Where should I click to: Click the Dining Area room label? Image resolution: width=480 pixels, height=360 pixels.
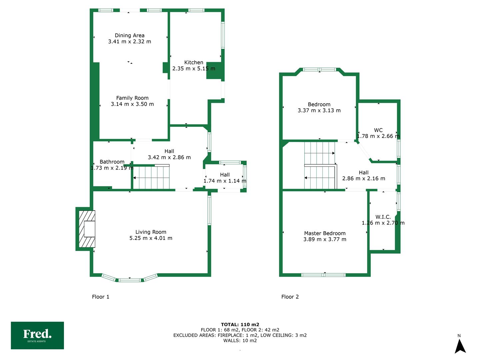tap(129, 35)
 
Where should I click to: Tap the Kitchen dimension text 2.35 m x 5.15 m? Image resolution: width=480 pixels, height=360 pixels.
tap(194, 69)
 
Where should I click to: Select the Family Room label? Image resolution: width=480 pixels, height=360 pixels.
tap(132, 98)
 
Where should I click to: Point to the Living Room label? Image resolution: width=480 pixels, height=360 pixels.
tap(151, 232)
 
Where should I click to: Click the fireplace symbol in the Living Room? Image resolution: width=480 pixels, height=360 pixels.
tap(87, 229)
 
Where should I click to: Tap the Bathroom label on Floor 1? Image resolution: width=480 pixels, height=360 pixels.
tap(112, 162)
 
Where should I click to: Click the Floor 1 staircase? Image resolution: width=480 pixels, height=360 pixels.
tap(151, 177)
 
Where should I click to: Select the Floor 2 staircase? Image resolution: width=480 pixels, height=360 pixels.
tap(320, 165)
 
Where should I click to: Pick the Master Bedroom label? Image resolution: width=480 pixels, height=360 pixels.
tap(325, 233)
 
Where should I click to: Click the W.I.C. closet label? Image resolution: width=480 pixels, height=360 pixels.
tap(383, 217)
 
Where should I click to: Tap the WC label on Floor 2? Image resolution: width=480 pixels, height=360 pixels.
tap(378, 130)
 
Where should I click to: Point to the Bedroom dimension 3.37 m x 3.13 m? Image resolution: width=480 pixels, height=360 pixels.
tap(319, 110)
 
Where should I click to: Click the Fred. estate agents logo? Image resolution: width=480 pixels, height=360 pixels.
tap(37, 335)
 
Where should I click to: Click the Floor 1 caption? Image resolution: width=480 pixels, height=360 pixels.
tap(100, 297)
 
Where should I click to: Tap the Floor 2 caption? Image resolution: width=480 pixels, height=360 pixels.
tap(290, 297)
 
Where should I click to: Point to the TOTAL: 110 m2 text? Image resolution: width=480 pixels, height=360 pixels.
tap(240, 324)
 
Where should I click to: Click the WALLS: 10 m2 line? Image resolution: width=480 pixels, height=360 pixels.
tap(240, 340)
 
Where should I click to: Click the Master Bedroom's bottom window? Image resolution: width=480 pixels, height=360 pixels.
tap(323, 275)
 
